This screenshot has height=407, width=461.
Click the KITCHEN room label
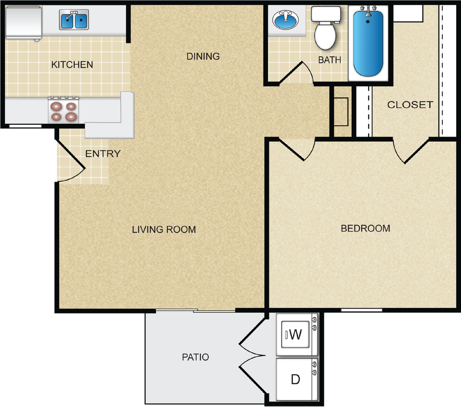pyautogui.click(x=72, y=65)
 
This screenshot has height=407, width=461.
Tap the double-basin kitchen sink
pyautogui.click(x=74, y=20)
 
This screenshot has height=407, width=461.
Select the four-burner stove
pyautogui.click(x=64, y=111)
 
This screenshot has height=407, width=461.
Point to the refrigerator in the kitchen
pyautogui.click(x=23, y=22)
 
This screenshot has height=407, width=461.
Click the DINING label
pyautogui.click(x=203, y=56)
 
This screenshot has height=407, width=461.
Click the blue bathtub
pyautogui.click(x=368, y=43)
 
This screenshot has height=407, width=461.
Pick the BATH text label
pyautogui.click(x=329, y=60)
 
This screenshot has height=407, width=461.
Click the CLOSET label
pyautogui.click(x=410, y=105)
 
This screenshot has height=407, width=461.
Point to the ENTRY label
pyautogui.click(x=103, y=154)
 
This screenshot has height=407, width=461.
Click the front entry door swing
pyautogui.click(x=70, y=162)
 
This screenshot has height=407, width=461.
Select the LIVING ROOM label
pyautogui.click(x=164, y=230)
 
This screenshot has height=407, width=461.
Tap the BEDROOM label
pyautogui.click(x=365, y=229)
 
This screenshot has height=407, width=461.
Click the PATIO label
pyautogui.click(x=195, y=357)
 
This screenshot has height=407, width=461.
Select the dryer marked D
pyautogui.click(x=295, y=379)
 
